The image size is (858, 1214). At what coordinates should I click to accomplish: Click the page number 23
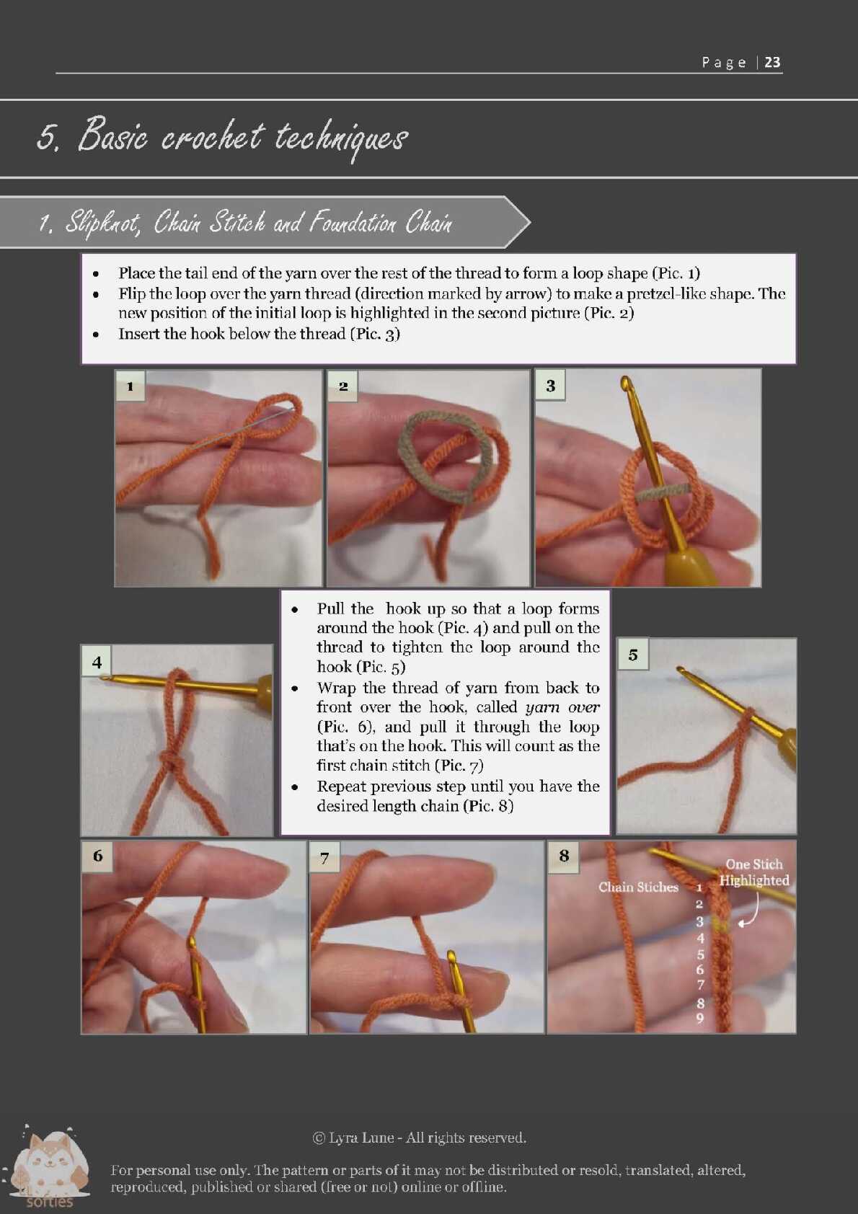(772, 62)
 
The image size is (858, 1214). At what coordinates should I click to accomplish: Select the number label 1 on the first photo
(130, 386)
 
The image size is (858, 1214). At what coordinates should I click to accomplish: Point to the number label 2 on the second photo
(343, 386)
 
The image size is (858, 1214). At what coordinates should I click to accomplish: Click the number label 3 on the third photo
(551, 386)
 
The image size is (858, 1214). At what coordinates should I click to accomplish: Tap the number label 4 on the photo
(97, 662)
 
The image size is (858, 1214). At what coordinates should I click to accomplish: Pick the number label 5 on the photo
(633, 655)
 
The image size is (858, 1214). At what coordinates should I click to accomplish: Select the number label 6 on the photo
(97, 856)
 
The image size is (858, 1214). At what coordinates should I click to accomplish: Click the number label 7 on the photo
(324, 858)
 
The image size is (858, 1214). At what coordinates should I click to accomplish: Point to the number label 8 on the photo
(565, 856)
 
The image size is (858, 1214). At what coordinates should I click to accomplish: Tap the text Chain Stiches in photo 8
(639, 887)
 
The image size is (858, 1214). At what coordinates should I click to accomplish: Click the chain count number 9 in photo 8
(699, 1019)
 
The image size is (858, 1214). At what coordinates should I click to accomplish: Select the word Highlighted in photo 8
(754, 880)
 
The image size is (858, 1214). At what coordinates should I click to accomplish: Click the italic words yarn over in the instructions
(562, 706)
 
